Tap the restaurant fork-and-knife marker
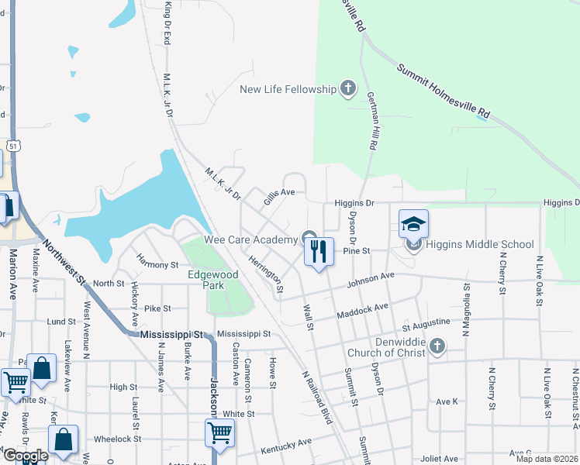pos(319,251)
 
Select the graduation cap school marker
pos(413,225)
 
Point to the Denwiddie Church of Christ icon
pos(437,346)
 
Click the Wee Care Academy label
pos(250,239)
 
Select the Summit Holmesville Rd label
pos(443,89)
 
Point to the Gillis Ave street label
pos(279,199)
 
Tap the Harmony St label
pos(157,265)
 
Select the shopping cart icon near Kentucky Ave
pos(220,433)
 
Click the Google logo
pos(26,456)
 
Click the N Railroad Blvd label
pos(316,395)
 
